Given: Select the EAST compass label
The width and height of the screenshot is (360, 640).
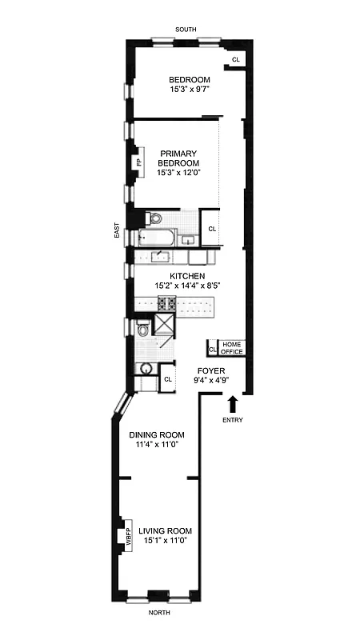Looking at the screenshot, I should (118, 232).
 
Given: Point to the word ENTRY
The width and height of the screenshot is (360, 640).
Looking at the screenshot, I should (233, 419).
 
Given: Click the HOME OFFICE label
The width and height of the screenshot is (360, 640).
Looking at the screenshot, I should (231, 347).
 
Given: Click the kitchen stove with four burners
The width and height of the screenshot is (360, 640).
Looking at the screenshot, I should (166, 304).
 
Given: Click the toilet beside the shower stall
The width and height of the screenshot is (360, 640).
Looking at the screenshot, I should (143, 328).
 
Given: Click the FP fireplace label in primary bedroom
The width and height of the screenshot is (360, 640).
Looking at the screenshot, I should (139, 162).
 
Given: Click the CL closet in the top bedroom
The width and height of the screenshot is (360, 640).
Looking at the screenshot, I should (235, 60).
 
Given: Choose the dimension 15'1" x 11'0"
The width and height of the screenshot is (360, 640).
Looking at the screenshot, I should (165, 542).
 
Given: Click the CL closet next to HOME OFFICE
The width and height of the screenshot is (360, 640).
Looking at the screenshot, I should (212, 350).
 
